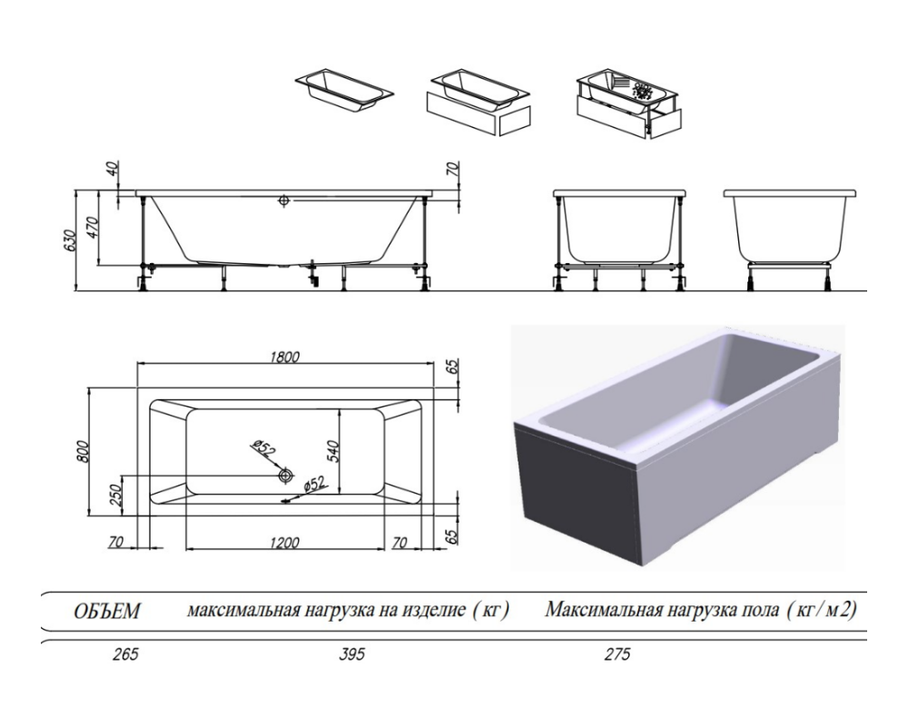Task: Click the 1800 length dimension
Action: coord(284,356)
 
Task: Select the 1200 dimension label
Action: coord(284,542)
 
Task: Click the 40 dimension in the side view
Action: coord(113,170)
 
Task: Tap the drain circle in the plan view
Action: coord(286,475)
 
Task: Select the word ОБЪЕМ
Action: coord(106,611)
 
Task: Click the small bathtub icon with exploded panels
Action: coord(627,102)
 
